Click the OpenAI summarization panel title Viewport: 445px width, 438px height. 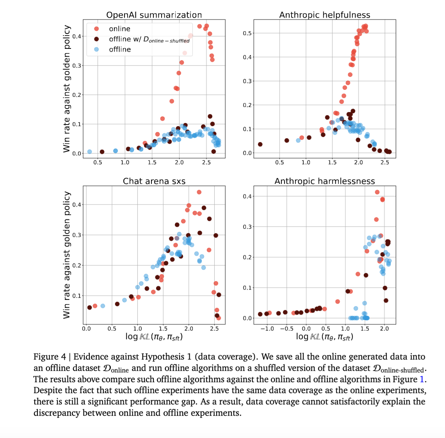coord(154,15)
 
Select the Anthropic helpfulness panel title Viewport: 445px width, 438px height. coord(325,15)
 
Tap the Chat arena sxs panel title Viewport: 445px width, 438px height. coord(154,181)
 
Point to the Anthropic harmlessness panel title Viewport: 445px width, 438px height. coord(325,181)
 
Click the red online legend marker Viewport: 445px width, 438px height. coord(96,29)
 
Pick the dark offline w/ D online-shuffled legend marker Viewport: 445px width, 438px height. coord(96,39)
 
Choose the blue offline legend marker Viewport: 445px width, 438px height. coord(96,50)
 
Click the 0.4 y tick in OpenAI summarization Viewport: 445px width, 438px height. coord(77,36)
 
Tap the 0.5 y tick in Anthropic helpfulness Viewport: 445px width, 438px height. coord(247,33)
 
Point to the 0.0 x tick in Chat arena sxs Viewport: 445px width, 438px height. coord(86,329)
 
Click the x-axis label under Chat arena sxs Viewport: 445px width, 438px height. coord(154,337)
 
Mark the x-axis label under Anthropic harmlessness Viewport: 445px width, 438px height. coord(325,337)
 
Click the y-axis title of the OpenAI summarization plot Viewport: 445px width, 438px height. coord(67,89)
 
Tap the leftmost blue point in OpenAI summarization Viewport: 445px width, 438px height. coord(90,152)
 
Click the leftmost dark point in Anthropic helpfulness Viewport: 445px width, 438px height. coord(260,144)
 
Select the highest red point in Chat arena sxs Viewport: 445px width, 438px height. coord(199,192)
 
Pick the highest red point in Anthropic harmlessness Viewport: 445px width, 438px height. coord(377,192)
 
